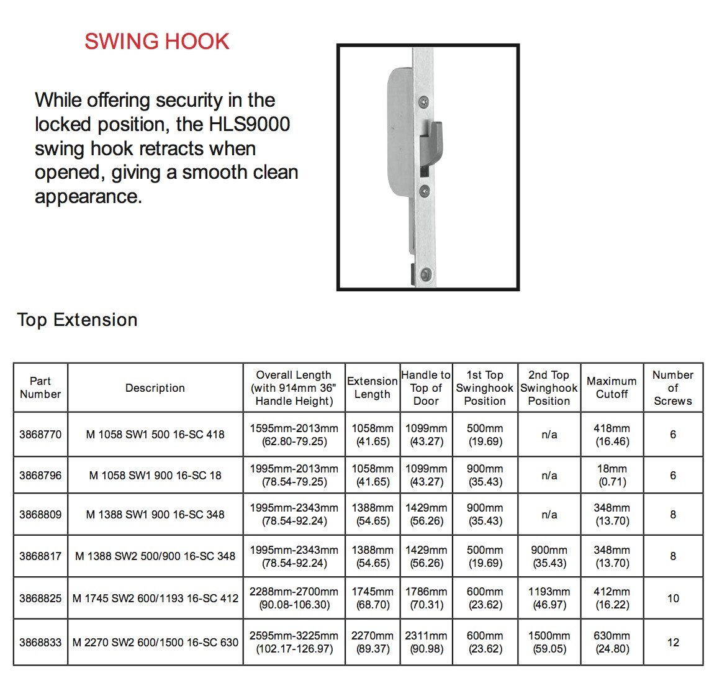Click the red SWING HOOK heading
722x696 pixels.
[157, 42]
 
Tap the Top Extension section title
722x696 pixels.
[78, 320]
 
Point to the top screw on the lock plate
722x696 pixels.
[423, 100]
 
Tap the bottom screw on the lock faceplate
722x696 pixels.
[425, 273]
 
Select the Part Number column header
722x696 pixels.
[40, 387]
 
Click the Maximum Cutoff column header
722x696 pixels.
[611, 387]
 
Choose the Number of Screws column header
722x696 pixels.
[673, 387]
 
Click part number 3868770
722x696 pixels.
[40, 435]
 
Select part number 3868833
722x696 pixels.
[40, 643]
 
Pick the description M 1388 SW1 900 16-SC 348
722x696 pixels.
[155, 514]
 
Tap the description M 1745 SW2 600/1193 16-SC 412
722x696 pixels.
[155, 599]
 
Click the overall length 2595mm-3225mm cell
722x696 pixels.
[294, 643]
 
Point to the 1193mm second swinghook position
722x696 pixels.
[549, 599]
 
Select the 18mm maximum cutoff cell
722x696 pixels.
[612, 475]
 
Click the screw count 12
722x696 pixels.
[673, 643]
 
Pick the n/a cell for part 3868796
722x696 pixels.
[549, 476]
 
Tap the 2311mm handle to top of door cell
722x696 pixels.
[426, 643]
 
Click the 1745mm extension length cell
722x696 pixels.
[372, 599]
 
